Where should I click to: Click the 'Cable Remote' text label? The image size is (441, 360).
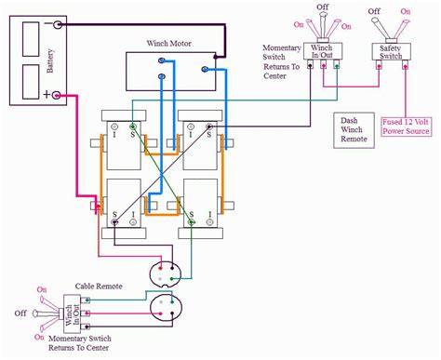(96, 288)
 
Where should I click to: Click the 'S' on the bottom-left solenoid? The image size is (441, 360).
(114, 216)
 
